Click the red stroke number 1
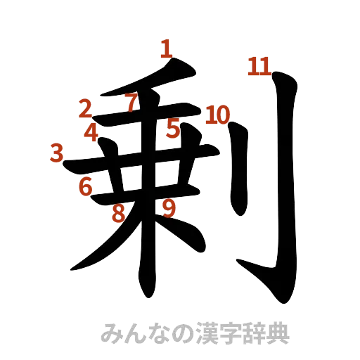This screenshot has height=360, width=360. (167, 49)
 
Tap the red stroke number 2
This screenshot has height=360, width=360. (86, 108)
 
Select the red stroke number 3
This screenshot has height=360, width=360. (58, 152)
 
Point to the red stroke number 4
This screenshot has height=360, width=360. (91, 131)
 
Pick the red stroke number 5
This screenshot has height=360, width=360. (173, 129)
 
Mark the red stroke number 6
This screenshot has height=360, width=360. (86, 187)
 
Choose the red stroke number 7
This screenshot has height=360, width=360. (130, 103)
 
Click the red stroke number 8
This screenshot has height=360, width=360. (119, 212)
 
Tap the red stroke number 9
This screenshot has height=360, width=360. (168, 207)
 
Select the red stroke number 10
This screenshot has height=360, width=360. (217, 115)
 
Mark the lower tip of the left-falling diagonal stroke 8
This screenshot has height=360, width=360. (74, 268)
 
